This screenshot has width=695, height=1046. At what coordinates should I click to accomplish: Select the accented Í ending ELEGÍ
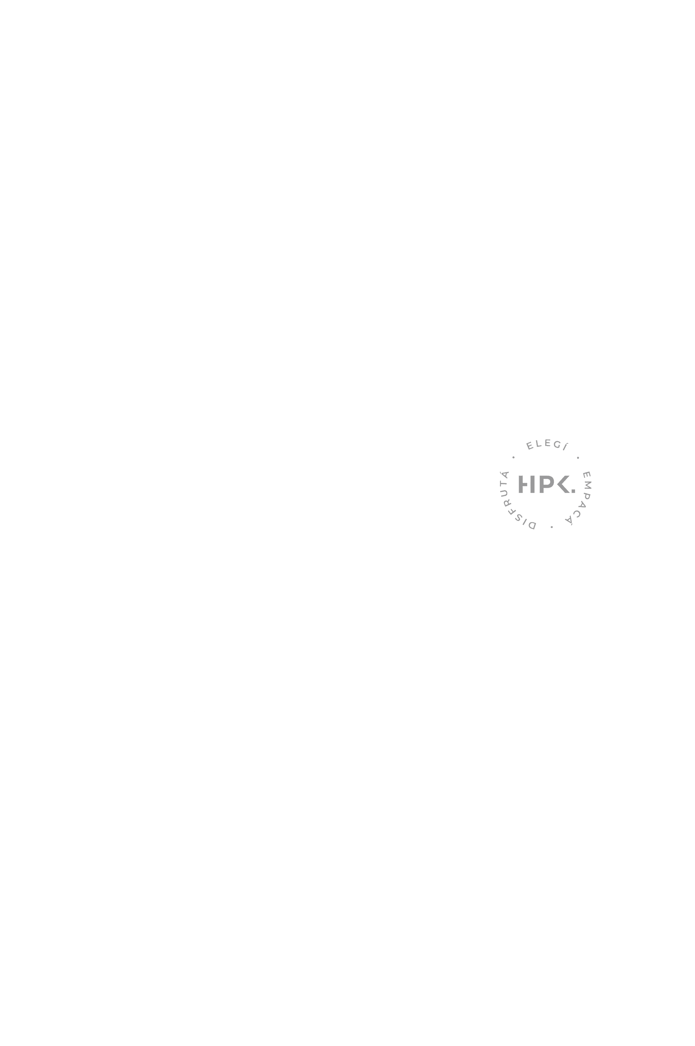[566, 447]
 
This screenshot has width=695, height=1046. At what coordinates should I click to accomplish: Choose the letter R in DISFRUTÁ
[507, 503]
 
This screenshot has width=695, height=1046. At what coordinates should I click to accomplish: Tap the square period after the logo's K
[574, 491]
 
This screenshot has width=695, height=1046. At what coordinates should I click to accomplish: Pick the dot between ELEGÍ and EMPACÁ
[578, 458]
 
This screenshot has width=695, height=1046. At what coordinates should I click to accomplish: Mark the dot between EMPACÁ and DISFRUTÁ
[552, 527]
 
